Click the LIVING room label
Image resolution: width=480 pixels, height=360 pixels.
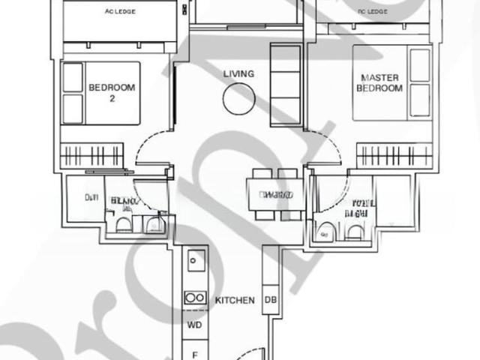pos(238,73)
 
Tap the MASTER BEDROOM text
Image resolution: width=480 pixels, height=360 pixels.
pos(382,82)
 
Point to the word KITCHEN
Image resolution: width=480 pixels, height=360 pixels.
pos(235,301)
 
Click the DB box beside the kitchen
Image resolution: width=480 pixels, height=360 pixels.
pos(270,300)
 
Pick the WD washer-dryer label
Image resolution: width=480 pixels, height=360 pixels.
pos(194,326)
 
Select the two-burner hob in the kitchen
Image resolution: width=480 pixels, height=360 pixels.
pos(195,298)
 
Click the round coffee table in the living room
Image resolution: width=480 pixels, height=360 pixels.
pos(238,97)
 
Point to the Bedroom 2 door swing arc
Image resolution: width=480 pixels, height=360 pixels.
pos(150,146)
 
